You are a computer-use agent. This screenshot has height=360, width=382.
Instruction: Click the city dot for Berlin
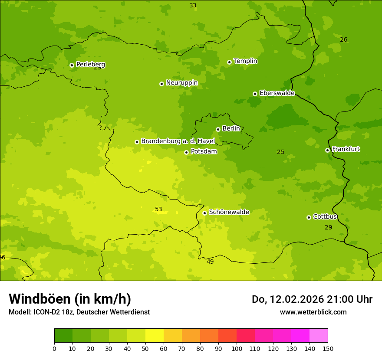click(218, 129)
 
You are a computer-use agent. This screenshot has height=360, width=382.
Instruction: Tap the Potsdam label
click(204, 152)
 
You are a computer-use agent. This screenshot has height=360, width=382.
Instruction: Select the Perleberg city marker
click(72, 65)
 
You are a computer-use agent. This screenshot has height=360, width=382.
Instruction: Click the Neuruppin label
click(181, 83)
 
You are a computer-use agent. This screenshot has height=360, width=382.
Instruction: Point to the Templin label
click(245, 61)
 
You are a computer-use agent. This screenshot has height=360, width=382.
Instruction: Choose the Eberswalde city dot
click(255, 94)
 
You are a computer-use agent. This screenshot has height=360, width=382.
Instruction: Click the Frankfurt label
click(346, 149)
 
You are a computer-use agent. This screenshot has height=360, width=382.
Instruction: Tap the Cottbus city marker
click(309, 217)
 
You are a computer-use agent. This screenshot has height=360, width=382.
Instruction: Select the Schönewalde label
click(229, 212)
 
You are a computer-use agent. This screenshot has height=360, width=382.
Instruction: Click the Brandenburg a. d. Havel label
click(178, 141)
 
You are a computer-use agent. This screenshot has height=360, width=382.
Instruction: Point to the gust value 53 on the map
click(158, 209)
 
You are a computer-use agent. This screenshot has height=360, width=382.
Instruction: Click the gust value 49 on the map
click(210, 262)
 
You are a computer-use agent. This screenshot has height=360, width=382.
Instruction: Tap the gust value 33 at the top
click(193, 6)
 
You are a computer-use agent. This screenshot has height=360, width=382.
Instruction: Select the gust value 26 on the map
click(343, 40)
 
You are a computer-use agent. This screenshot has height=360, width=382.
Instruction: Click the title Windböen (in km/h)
click(70, 299)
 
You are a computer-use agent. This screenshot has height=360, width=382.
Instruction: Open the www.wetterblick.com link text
click(313, 312)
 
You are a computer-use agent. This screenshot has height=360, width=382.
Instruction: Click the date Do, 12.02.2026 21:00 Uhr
click(312, 299)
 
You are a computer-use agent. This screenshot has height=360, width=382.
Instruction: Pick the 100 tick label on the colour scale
click(237, 348)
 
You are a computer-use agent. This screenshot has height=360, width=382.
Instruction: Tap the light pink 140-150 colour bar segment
click(319, 336)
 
